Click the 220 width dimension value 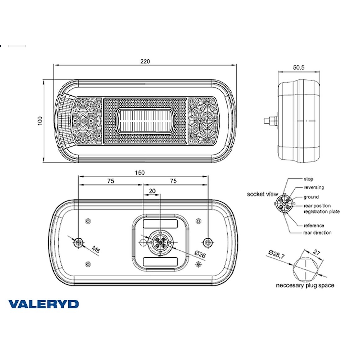coord(145,61)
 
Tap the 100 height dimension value coord(40,121)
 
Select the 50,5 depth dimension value coord(299,67)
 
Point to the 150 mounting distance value coord(140,173)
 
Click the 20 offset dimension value coord(152,191)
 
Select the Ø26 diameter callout coord(200,254)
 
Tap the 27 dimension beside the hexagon coord(316,253)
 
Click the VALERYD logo coord(43,304)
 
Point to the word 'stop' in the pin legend coord(308,179)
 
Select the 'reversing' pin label coord(314,187)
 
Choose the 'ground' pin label coord(311,197)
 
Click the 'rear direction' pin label coord(317,233)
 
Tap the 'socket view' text coord(262,194)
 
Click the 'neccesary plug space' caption coord(305,286)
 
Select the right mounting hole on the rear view coord(207,242)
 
